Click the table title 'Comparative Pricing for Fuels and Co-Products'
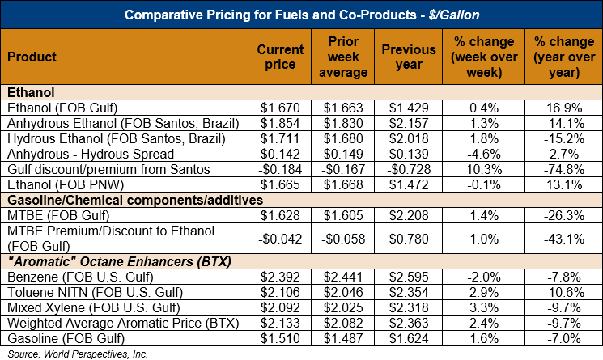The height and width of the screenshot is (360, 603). point(301,15)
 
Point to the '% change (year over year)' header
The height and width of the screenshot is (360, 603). point(563,57)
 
